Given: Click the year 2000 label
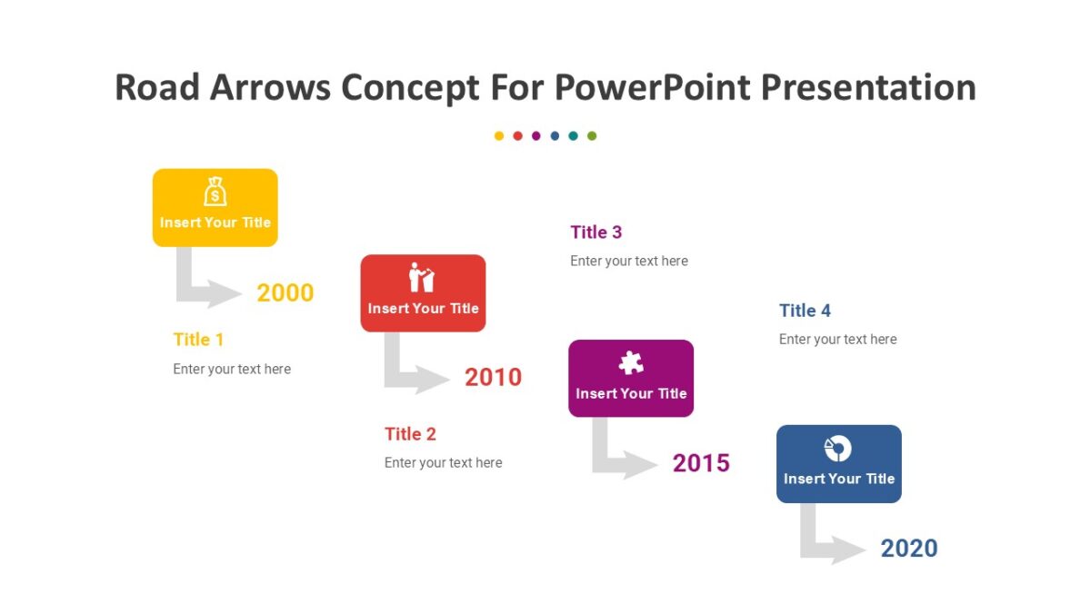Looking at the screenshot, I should pyautogui.click(x=285, y=292).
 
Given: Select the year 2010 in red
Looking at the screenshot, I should pyautogui.click(x=493, y=377).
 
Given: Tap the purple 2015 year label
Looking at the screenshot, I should pyautogui.click(x=701, y=463).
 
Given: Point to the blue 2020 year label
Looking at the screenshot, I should pyautogui.click(x=909, y=549).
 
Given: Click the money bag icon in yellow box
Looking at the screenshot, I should pyautogui.click(x=215, y=192).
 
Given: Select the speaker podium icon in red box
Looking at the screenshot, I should pyautogui.click(x=422, y=277).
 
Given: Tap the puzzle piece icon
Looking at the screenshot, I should pyautogui.click(x=631, y=363).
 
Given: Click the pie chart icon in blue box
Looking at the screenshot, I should pyautogui.click(x=837, y=448).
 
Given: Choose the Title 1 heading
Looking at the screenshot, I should pyautogui.click(x=198, y=340).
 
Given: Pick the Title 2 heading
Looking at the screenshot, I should pyautogui.click(x=410, y=434).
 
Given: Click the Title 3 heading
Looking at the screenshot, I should pyautogui.click(x=596, y=232).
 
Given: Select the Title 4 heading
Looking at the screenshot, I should pyautogui.click(x=805, y=311).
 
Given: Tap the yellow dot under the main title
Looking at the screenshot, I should pyautogui.click(x=499, y=136).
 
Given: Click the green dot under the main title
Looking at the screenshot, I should pyautogui.click(x=592, y=136).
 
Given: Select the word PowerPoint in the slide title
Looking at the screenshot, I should pyautogui.click(x=652, y=88).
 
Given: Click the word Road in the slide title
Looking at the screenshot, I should pyautogui.click(x=156, y=88).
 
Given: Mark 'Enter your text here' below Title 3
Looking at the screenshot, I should pyautogui.click(x=629, y=262).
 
